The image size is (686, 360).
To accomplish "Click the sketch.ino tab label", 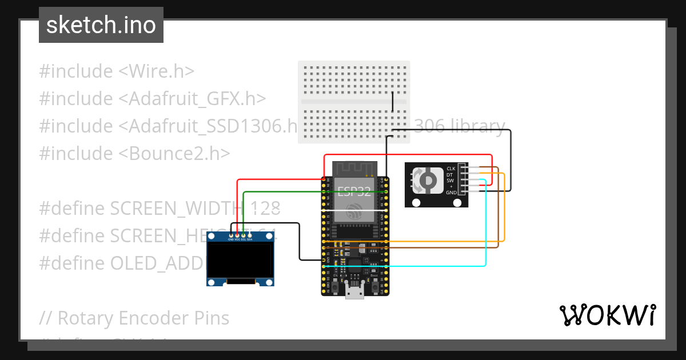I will click(101, 25).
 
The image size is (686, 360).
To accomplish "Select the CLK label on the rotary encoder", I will click(451, 169).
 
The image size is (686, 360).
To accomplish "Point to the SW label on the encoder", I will click(450, 181).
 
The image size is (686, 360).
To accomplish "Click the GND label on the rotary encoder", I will click(451, 193).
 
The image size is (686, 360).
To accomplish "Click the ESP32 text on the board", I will click(354, 191).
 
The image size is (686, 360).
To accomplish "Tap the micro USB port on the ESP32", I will click(355, 293).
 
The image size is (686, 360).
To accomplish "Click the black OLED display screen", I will click(240, 260).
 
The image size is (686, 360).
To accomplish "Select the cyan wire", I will click(485, 229).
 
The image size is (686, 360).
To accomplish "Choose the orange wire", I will click(505, 217).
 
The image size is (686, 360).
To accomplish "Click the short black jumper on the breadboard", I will click(393, 101).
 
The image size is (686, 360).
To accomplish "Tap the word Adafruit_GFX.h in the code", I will click(192, 99).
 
